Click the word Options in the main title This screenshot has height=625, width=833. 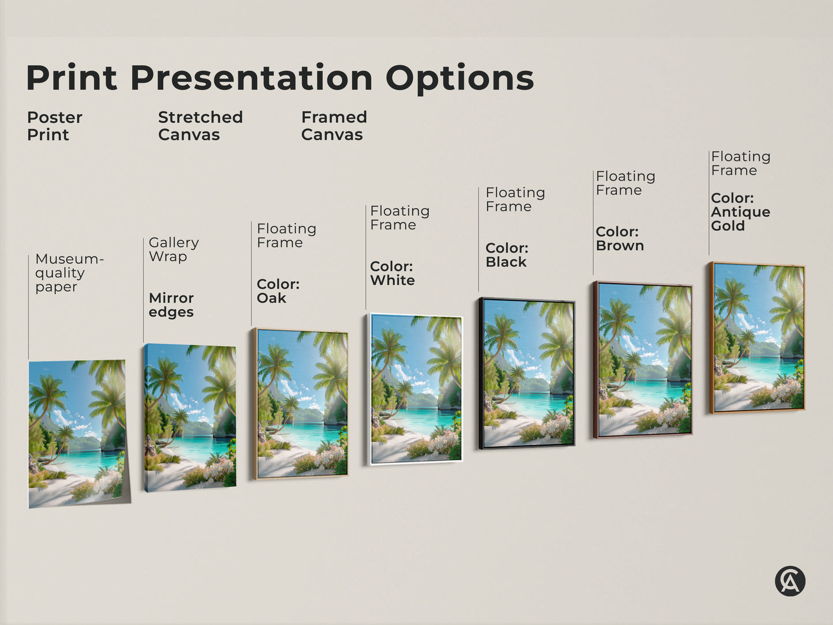point(459,78)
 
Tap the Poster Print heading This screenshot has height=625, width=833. point(54,126)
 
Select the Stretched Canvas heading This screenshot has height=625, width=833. point(200,126)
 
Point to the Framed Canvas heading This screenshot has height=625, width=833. point(334,126)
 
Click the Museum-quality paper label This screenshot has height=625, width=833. point(69,273)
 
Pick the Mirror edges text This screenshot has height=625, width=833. point(171,305)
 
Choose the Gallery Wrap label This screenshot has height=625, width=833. point(174,249)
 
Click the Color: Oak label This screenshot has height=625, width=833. point(278,291)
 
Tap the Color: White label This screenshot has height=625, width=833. point(392,273)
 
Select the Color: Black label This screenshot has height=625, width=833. point(507,255)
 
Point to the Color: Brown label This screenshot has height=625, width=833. point(619,239)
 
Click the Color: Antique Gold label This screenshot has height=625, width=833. point(740,212)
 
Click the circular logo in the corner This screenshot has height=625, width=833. point(790,581)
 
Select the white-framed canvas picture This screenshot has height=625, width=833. point(415,389)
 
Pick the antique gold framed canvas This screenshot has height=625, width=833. point(758,338)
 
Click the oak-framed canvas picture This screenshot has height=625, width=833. point(301,404)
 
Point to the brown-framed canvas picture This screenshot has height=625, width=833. point(643,360)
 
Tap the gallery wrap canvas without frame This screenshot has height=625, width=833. point(190,417)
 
